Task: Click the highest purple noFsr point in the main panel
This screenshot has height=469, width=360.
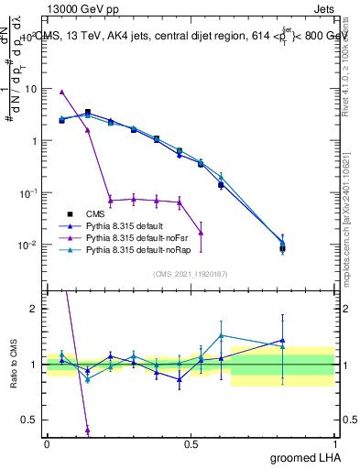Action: point(61,92)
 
